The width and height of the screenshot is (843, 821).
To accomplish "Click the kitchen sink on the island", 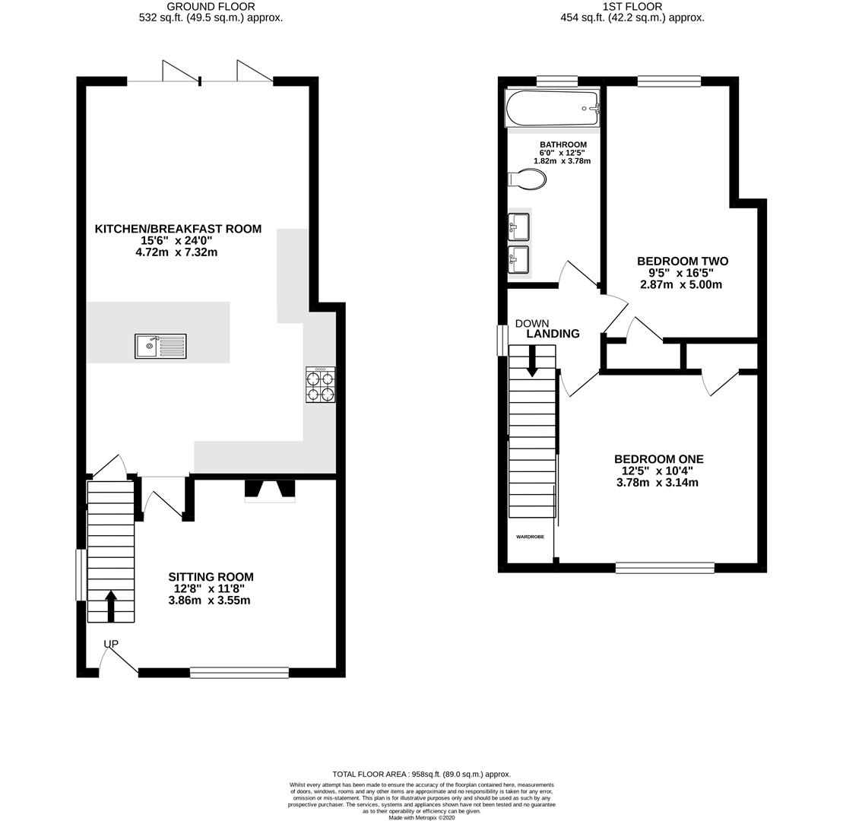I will click(x=160, y=346).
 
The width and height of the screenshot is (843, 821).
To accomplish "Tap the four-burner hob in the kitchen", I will click(x=320, y=385).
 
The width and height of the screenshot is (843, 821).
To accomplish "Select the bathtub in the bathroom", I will click(x=553, y=109).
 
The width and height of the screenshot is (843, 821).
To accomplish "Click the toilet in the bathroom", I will click(x=527, y=179).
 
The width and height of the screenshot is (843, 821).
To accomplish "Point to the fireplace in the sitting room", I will click(x=269, y=490).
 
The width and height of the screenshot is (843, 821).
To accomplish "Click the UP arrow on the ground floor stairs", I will click(x=111, y=606).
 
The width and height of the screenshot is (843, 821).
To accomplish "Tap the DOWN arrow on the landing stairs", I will click(x=531, y=360).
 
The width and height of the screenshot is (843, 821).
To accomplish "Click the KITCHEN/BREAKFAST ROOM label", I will click(x=178, y=229).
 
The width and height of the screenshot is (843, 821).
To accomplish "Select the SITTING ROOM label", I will click(x=211, y=577).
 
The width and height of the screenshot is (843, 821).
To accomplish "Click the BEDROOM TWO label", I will click(x=682, y=262).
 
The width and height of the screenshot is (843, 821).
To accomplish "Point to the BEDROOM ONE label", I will click(x=658, y=459).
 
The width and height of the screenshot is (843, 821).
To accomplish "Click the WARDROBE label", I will click(x=530, y=537).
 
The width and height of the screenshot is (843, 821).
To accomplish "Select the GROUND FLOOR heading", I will click(x=211, y=7).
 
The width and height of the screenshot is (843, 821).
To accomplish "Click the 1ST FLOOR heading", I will click(x=632, y=7).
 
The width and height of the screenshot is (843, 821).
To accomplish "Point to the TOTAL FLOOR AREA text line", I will click(x=421, y=774).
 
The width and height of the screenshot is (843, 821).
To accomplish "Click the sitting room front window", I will click(x=239, y=672).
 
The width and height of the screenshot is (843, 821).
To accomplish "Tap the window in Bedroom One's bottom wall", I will click(x=664, y=567).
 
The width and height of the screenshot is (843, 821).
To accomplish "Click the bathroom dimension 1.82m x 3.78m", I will click(x=562, y=161).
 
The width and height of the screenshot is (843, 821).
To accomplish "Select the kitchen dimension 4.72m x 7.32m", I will click(x=176, y=252).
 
